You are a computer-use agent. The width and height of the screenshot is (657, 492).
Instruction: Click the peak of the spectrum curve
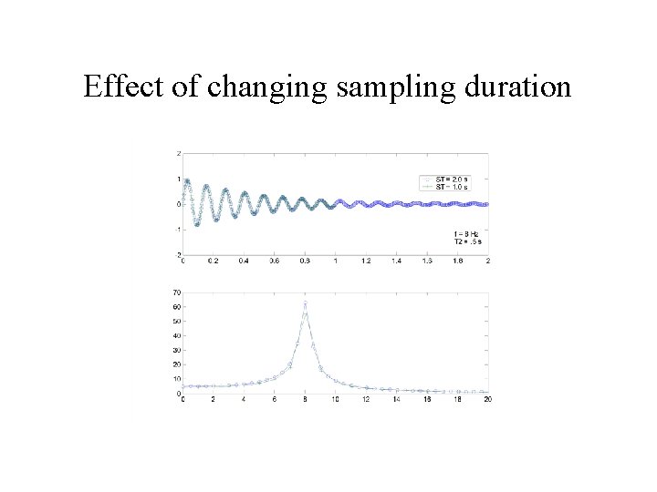[x=305, y=302]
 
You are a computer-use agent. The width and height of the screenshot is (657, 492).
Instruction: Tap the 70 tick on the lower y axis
[x=176, y=292]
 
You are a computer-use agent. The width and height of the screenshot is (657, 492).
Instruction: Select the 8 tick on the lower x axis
[x=305, y=399]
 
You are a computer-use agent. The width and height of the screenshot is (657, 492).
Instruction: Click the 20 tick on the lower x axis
[x=488, y=399]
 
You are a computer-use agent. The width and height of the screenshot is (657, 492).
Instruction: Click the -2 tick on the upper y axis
[x=177, y=254]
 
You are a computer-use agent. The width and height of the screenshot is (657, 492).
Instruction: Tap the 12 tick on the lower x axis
[x=366, y=399]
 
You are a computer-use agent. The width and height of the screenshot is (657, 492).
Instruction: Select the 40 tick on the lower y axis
[x=176, y=336]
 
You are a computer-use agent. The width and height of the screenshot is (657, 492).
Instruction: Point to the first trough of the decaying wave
[x=196, y=224]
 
